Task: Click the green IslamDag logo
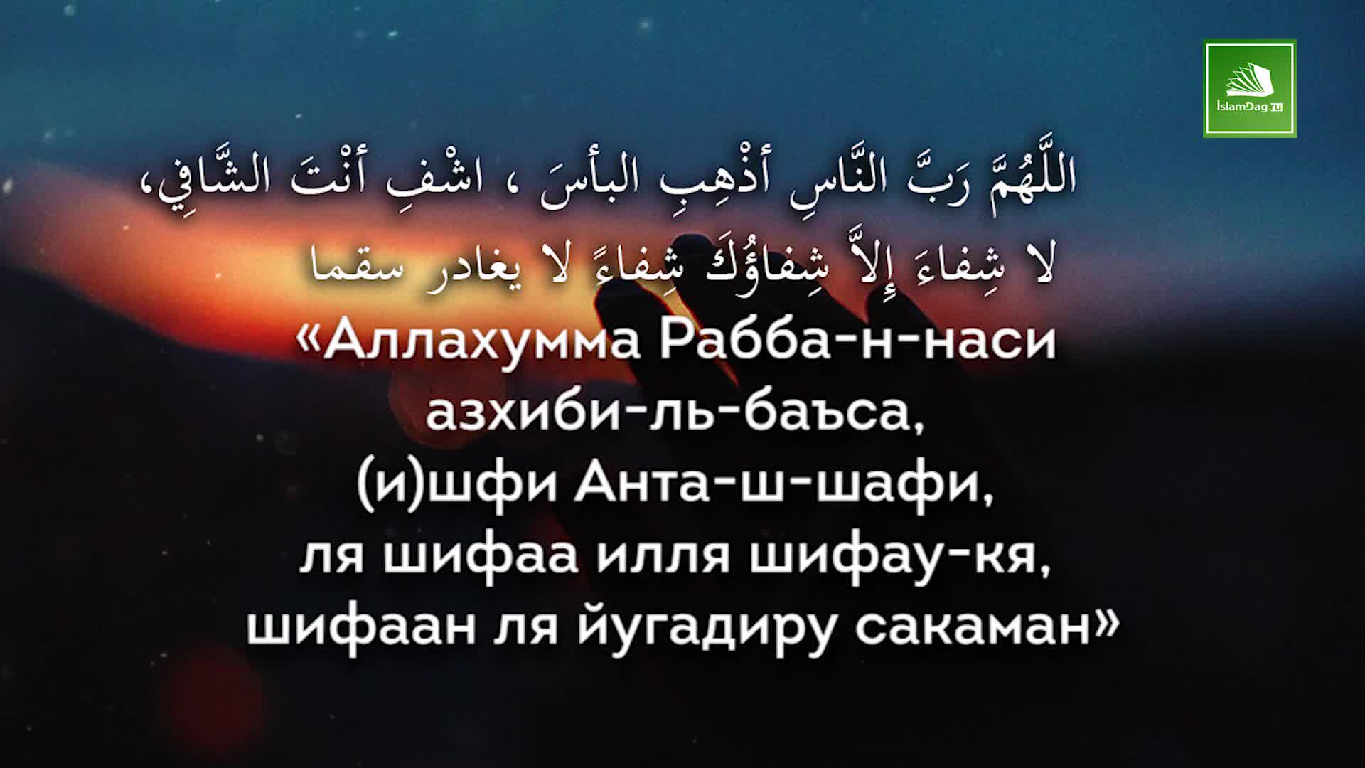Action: (x=1249, y=88)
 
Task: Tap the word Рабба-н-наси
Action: (x=857, y=340)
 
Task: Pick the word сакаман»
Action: (x=987, y=627)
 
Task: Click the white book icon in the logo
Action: (x=1250, y=80)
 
